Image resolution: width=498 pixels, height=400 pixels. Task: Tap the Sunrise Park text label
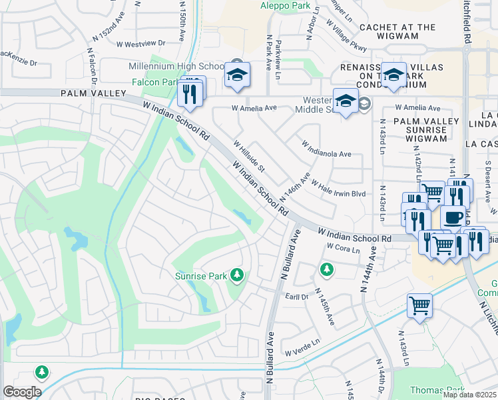tap(200, 276)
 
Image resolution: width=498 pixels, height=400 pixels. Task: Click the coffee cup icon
tap(453, 217)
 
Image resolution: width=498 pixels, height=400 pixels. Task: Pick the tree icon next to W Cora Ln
tap(326, 269)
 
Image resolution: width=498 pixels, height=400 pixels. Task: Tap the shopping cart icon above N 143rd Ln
tap(419, 306)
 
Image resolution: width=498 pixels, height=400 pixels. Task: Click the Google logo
tap(21, 392)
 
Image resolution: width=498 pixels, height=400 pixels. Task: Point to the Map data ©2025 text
tap(469, 395)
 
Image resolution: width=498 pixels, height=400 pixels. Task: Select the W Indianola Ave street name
tap(326, 149)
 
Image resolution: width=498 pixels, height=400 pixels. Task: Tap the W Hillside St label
tap(249, 155)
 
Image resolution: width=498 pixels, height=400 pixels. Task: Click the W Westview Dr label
tap(140, 45)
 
